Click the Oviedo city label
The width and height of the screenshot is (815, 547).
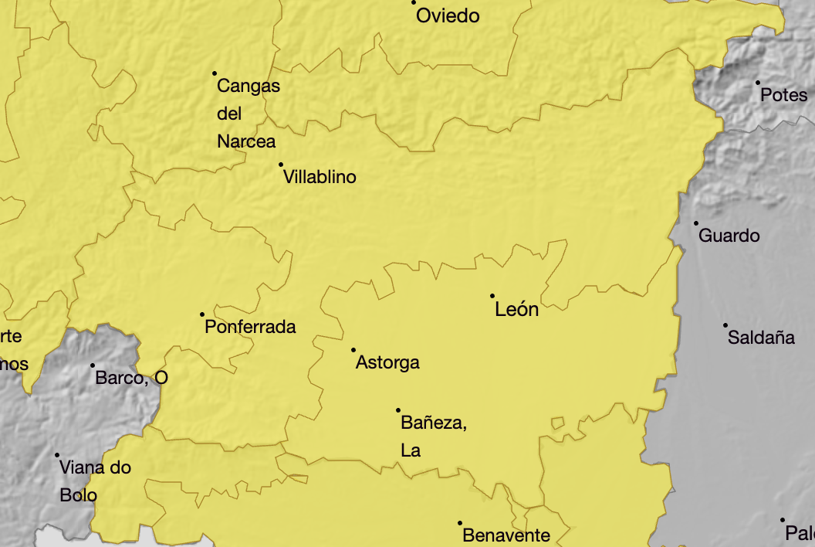[448, 16]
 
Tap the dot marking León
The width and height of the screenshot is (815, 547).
[492, 295]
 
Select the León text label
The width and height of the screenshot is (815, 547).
[516, 310]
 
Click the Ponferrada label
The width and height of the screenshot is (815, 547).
[250, 327]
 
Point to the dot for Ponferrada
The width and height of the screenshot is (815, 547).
[202, 314]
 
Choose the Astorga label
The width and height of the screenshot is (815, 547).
[387, 362]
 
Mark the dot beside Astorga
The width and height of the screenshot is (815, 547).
[353, 349]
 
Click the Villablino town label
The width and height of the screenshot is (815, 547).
[320, 177]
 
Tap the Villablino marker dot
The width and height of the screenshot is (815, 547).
[281, 164]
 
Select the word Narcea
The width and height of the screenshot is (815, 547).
[246, 141]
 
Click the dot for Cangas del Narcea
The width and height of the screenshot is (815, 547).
[215, 73]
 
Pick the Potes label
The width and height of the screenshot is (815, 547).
[783, 96]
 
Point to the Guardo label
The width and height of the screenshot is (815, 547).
[729, 236]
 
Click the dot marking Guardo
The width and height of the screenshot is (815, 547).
[695, 223]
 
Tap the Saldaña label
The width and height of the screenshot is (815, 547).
[761, 338]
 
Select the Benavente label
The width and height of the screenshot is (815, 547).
[506, 535]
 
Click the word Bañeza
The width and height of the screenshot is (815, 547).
[433, 423]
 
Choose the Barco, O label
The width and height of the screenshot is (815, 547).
[131, 378]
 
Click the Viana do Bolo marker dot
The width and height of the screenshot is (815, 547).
[57, 455]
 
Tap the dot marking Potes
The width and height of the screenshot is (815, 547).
[757, 83]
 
